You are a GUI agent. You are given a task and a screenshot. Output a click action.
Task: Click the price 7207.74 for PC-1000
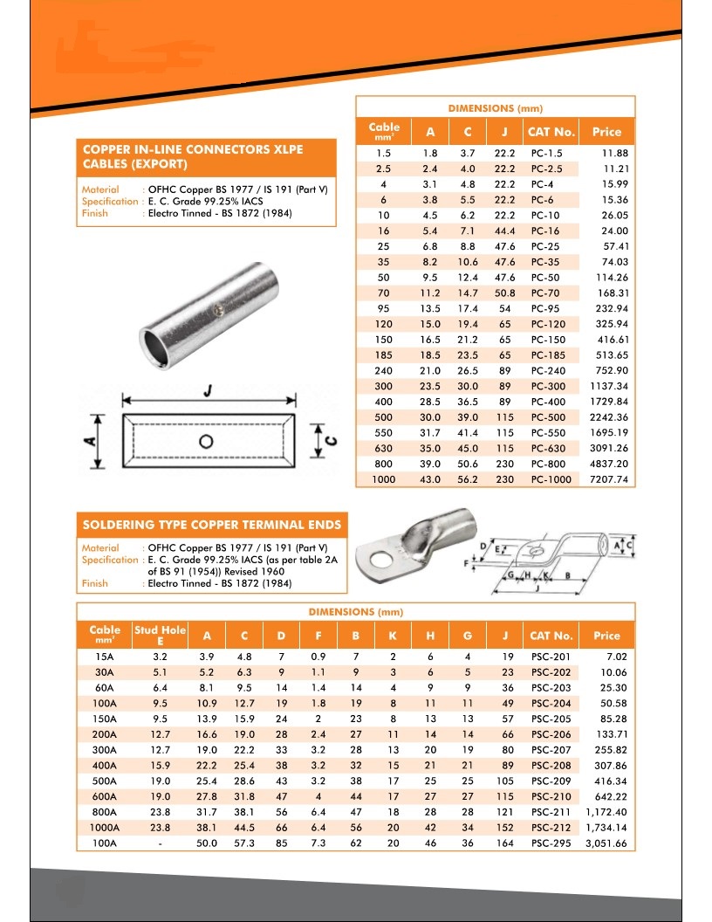609,479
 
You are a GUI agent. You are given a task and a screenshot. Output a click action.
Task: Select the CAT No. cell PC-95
548,308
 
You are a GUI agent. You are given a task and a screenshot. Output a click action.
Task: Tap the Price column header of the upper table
606,132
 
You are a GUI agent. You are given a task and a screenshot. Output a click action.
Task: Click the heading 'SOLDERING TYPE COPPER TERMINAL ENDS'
212,525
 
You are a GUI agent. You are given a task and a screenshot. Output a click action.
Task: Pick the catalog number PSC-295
551,843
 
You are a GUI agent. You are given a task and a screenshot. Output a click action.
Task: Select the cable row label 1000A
105,828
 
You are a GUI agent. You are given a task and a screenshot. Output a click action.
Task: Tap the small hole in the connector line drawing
206,441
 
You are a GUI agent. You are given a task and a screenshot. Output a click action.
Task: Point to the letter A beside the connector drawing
89,442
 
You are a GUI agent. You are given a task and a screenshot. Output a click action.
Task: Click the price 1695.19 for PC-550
609,433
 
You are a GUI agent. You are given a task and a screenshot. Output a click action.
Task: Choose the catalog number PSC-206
551,734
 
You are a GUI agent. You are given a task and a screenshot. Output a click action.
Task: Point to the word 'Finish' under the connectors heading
94,213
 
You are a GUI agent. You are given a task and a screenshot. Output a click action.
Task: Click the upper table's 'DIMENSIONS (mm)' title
495,108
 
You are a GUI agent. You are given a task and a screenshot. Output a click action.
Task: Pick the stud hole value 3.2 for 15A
160,657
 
